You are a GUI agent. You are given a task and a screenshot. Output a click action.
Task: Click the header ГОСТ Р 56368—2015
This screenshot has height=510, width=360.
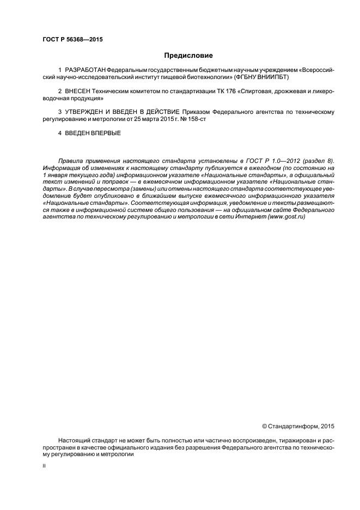[x=72, y=40]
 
